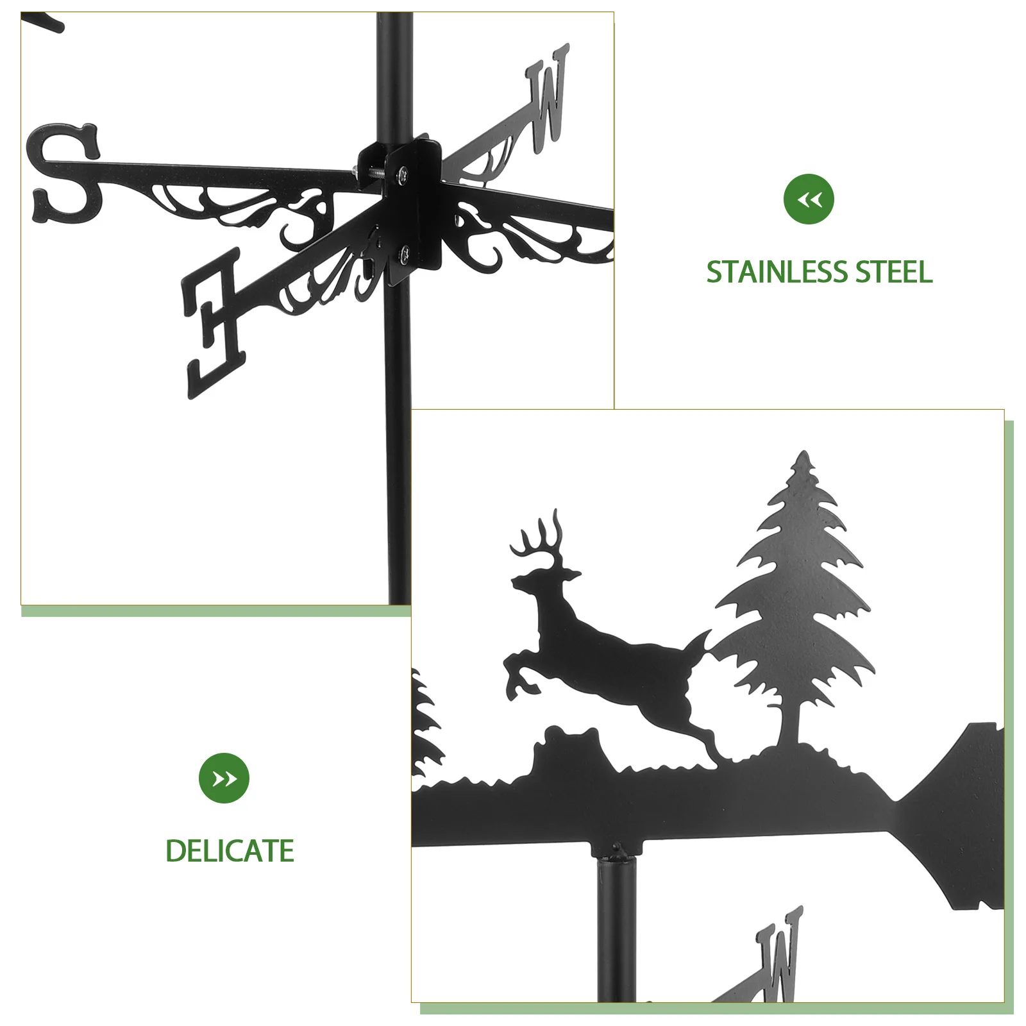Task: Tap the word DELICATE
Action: click(230, 851)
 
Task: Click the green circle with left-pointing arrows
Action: click(809, 199)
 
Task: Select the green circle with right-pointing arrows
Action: click(224, 778)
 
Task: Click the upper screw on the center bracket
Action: click(402, 171)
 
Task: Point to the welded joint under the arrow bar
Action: click(616, 852)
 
